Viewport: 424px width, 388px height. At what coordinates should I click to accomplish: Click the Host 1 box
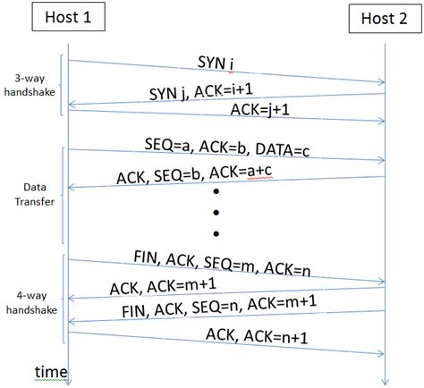coord(67,16)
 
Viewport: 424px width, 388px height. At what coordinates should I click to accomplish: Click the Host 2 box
coord(384,18)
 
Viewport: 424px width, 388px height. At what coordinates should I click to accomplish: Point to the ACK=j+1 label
coord(260,109)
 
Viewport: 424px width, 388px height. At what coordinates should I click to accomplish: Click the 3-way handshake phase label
coord(29,84)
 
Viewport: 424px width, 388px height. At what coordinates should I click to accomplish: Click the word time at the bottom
coord(50,371)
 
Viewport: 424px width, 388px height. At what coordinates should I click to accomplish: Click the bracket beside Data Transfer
coord(62,195)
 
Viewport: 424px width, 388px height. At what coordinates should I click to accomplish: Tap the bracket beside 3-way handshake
coord(62,85)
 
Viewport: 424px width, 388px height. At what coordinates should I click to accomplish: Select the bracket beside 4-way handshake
coord(62,299)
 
